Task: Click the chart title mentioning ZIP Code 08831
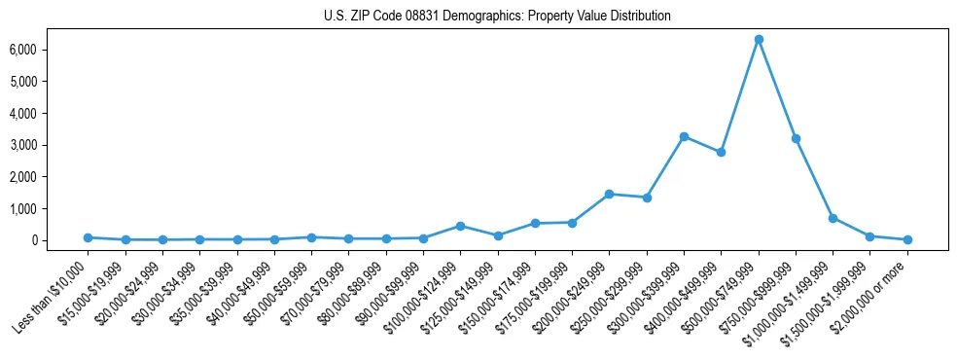(x=497, y=17)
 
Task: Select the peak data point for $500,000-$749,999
(x=759, y=39)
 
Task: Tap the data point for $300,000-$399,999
(x=684, y=136)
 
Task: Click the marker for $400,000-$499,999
(x=721, y=152)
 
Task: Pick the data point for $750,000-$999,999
(x=796, y=138)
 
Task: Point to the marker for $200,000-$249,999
(x=609, y=194)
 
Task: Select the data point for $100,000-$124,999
(x=460, y=226)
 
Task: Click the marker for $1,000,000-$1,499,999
(x=833, y=218)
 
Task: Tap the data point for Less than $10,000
(x=88, y=237)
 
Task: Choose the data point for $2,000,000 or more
(x=907, y=239)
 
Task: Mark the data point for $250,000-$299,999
(x=647, y=198)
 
